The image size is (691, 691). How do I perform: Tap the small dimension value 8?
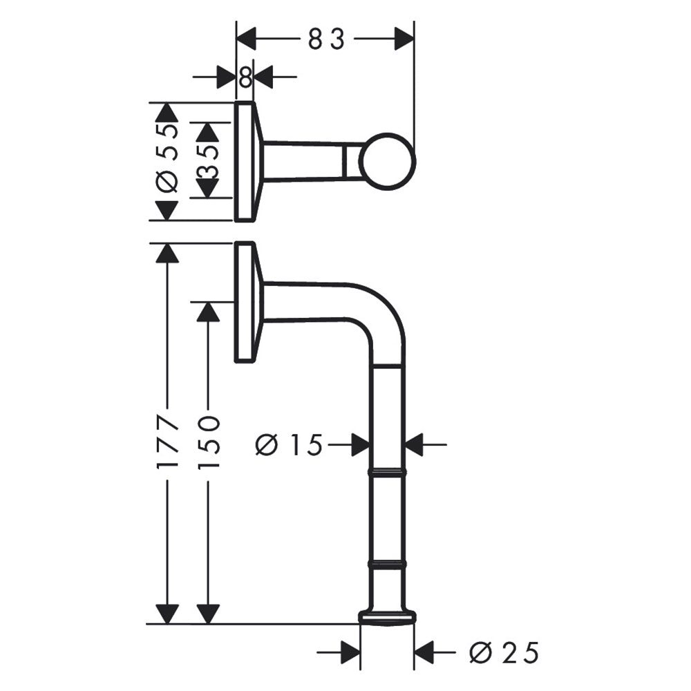245,77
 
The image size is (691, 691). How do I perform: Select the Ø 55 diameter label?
168,158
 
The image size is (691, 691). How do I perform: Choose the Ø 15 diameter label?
289,444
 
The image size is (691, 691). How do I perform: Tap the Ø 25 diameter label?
504,653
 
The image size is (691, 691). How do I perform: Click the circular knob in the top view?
388,162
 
